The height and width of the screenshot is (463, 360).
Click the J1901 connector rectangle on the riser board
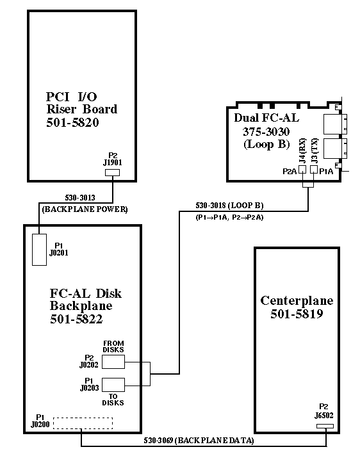point(113,172)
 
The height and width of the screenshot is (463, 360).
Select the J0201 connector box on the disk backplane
point(39,250)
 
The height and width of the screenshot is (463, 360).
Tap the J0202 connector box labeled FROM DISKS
point(113,362)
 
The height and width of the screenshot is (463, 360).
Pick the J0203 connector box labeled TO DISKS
point(113,385)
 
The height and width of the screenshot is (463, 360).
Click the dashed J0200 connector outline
point(83,423)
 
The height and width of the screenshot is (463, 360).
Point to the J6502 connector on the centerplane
point(325,426)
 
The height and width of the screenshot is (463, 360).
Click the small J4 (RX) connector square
point(302,170)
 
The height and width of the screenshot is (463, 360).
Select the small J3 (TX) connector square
point(314,170)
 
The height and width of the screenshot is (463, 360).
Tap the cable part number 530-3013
point(80,197)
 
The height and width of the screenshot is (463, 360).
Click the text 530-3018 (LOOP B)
point(229,206)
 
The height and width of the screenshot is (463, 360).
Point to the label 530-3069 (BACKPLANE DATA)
point(199,441)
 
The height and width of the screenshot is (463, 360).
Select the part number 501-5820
point(72,122)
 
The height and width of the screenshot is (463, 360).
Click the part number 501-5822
point(76,319)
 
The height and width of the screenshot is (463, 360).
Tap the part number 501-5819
point(297,314)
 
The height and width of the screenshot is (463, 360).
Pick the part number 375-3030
point(266,131)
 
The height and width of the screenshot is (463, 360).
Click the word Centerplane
point(297,300)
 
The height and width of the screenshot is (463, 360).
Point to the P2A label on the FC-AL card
point(290,171)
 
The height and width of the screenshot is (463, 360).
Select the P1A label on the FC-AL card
point(326,171)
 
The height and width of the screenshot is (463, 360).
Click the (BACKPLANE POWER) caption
point(85,209)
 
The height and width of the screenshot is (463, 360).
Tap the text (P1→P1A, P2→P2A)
point(229,218)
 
